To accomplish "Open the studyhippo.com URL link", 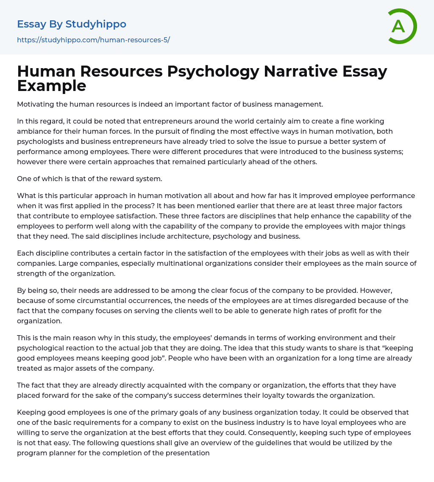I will [x=93, y=40].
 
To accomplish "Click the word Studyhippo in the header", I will [x=96, y=24].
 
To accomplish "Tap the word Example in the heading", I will [x=52, y=85].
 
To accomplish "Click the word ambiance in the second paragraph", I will [x=35, y=131].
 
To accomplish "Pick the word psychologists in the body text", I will [x=37, y=141].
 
